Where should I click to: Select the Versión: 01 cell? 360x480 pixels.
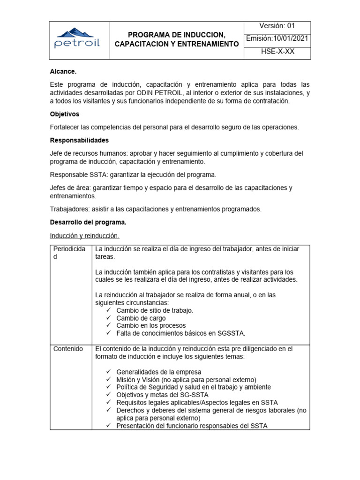point(277,26)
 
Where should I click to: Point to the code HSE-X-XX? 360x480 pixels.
point(277,52)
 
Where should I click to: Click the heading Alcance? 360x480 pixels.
point(63,72)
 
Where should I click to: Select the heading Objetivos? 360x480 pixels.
point(65,114)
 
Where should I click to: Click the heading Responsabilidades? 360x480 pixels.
point(79,140)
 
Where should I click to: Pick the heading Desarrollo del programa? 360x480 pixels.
point(88,222)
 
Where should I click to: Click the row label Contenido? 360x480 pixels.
point(68,349)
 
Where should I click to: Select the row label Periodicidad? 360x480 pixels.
point(69,253)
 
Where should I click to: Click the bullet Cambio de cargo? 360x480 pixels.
point(141,318)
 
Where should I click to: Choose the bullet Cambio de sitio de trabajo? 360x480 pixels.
point(154,310)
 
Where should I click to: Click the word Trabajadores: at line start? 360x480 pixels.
point(70,209)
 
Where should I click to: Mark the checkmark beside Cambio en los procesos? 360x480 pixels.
point(108,325)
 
